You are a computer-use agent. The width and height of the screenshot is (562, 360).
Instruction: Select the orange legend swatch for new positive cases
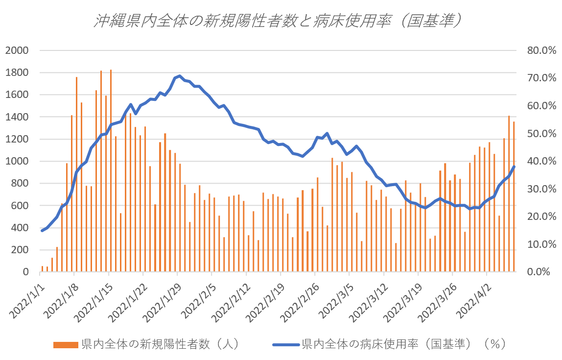pyautogui.click(x=66, y=344)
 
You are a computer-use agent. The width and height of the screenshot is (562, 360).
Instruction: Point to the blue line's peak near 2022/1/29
pyautogui.click(x=180, y=76)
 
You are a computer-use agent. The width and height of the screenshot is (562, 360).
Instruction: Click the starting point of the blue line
pyautogui.click(x=42, y=230)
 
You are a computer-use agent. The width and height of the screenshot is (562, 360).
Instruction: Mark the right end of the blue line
pyautogui.click(x=514, y=167)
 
